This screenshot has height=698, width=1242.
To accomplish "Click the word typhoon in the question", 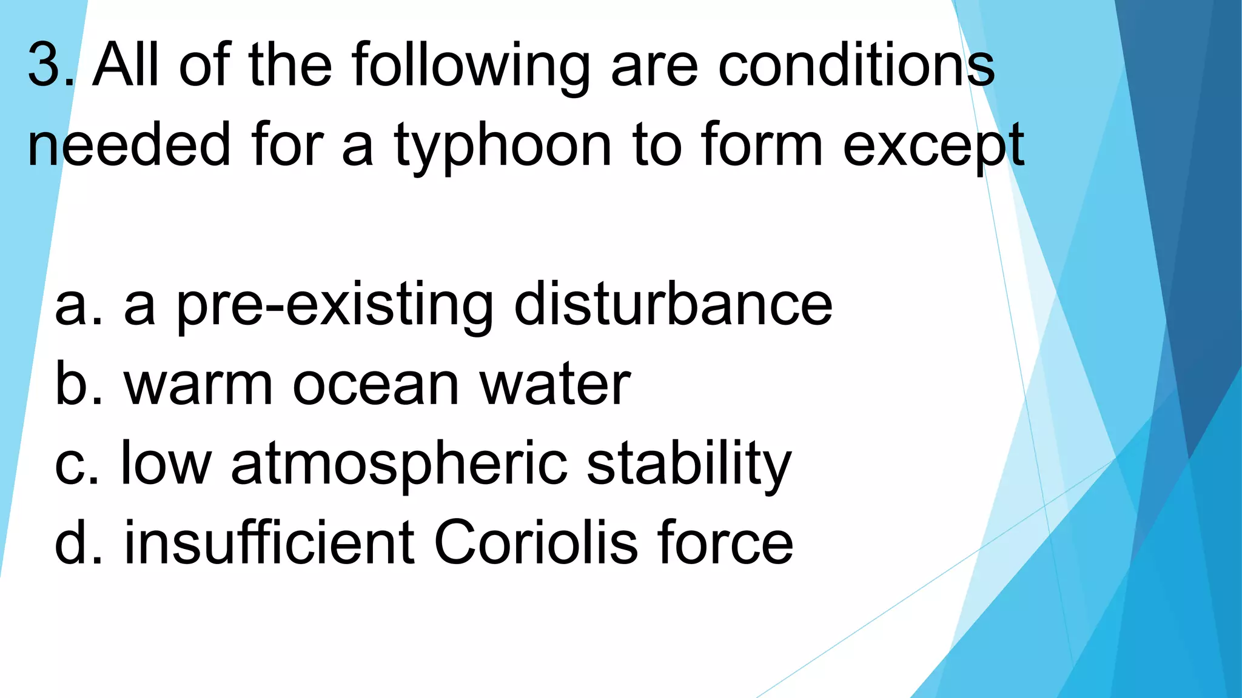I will pos(503,145).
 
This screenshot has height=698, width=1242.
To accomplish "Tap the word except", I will pos(933,145).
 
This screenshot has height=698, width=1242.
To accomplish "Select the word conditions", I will pos(856,64).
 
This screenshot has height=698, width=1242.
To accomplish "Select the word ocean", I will pos(375,385).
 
